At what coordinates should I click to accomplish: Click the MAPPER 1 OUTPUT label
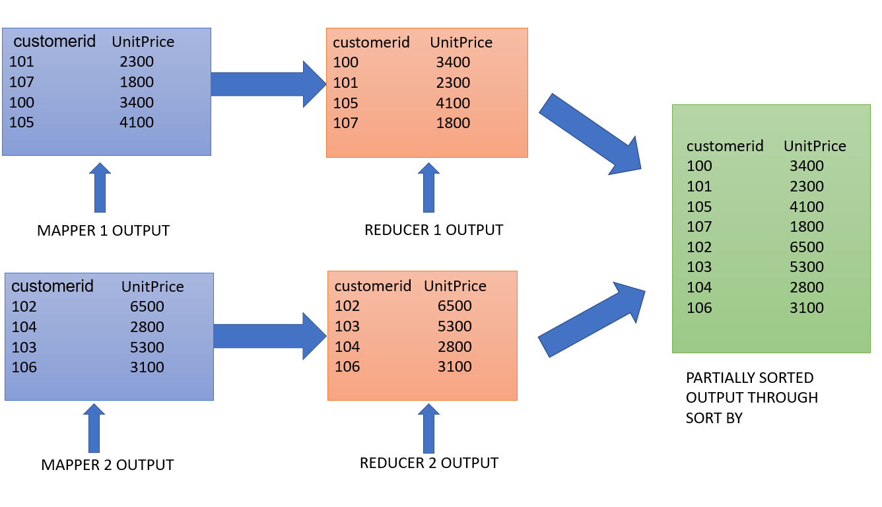[x=103, y=230]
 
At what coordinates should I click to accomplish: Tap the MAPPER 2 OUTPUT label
[x=108, y=465]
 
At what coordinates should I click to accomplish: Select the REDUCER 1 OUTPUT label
[x=434, y=230]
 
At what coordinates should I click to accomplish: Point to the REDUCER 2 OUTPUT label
[x=429, y=463]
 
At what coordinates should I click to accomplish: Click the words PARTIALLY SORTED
[x=750, y=378]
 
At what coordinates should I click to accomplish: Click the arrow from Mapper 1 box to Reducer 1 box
[x=269, y=84]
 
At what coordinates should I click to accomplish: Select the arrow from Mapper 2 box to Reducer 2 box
[x=270, y=336]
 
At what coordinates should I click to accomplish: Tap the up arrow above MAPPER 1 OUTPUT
[x=100, y=187]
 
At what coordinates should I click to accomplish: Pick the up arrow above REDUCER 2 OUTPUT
[x=428, y=428]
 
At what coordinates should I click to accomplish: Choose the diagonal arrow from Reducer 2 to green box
[x=592, y=320]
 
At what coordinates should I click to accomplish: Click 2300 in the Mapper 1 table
[x=137, y=62]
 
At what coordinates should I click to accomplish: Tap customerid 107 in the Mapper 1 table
[x=22, y=83]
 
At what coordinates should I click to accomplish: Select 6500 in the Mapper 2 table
[x=147, y=306]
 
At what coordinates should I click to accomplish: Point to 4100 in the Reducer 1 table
[x=453, y=103]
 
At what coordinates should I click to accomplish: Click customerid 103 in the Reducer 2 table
[x=347, y=326]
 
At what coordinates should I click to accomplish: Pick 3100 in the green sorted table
[x=806, y=308]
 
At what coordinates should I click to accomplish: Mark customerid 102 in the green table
[x=699, y=247]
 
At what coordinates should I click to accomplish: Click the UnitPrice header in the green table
[x=815, y=146]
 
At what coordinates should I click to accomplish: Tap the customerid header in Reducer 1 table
[x=371, y=42]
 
